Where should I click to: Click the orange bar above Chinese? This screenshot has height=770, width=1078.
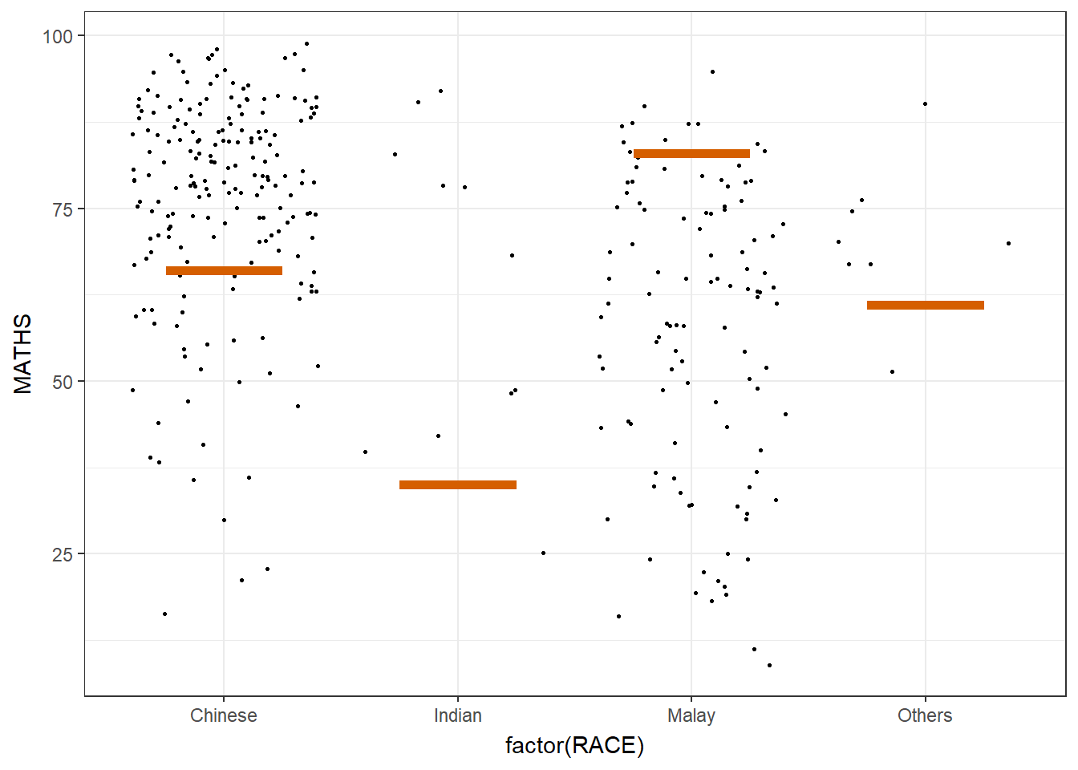[224, 271]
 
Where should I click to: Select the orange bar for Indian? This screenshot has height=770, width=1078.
[457, 484]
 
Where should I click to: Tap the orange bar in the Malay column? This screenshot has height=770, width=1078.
[691, 153]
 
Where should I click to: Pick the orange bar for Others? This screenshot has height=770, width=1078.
[925, 305]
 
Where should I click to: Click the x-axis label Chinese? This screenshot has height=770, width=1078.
[224, 715]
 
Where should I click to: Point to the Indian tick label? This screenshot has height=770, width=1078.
[457, 715]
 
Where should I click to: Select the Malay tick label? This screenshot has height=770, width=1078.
[691, 715]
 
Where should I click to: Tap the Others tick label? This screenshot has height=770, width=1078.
[925, 715]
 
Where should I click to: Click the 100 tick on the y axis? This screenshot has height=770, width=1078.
[58, 36]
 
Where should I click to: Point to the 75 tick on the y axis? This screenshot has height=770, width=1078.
[63, 209]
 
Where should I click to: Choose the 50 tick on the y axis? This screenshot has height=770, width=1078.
[63, 382]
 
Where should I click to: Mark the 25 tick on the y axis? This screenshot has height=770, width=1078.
[63, 554]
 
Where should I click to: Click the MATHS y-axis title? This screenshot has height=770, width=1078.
[23, 354]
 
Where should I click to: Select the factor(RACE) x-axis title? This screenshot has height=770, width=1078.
[574, 746]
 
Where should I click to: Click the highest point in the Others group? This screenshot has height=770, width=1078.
[925, 103]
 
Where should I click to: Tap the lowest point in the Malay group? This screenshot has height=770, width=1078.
[769, 665]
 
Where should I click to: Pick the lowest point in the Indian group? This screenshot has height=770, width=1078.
[543, 553]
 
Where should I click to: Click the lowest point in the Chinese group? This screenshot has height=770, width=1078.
[164, 614]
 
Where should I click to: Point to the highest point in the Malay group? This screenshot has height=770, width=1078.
[712, 71]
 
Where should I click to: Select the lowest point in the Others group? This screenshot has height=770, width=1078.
[892, 371]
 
